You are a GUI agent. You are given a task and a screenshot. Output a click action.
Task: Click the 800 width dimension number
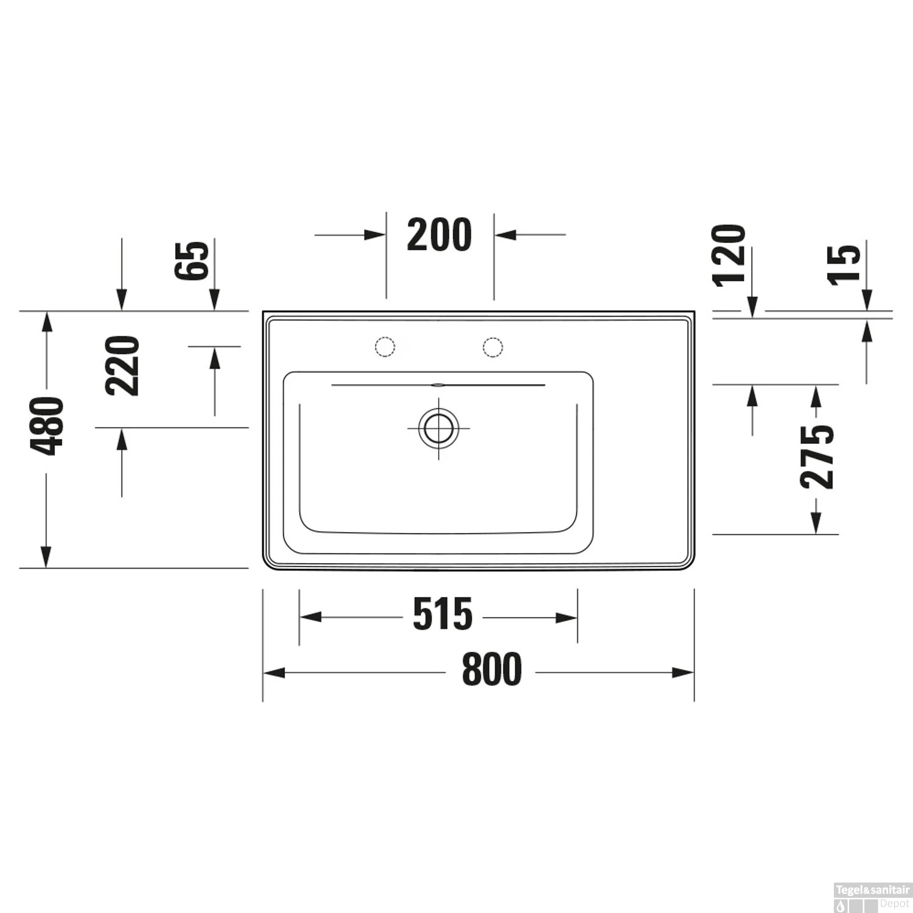[x=492, y=669]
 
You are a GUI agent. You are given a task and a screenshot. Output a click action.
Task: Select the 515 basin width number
[x=443, y=614]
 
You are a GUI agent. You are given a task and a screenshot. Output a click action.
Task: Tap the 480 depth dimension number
[x=47, y=425]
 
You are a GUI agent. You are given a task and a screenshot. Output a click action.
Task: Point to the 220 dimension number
[x=123, y=366]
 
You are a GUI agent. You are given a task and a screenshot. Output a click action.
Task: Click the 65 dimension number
[x=191, y=261]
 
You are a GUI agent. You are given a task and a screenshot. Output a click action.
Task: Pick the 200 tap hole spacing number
[x=439, y=235]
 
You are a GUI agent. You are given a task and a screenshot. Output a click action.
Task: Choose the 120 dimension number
[x=730, y=255]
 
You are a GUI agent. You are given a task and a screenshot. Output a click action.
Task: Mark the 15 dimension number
[x=845, y=263]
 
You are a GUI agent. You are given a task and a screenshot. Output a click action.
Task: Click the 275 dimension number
[x=817, y=457]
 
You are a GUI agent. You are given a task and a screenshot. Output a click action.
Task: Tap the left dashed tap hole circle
[x=385, y=347]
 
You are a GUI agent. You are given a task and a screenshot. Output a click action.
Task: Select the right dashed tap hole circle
[x=493, y=347]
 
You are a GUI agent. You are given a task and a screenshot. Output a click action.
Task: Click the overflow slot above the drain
[x=438, y=385]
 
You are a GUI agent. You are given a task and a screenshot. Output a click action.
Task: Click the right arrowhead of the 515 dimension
[x=567, y=618]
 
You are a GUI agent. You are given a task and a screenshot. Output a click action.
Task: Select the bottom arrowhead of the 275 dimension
[x=816, y=524]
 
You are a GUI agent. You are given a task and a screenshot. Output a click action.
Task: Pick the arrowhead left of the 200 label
[x=375, y=234]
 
